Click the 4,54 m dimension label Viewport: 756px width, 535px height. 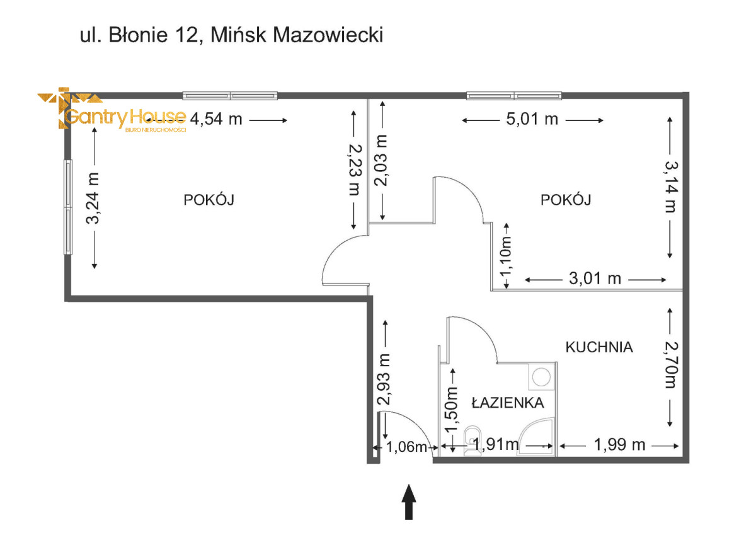click(216, 119)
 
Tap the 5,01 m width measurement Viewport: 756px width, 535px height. click(532, 119)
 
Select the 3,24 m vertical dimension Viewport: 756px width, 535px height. click(93, 198)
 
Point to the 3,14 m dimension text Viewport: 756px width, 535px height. click(671, 187)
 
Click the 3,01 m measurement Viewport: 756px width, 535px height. click(595, 279)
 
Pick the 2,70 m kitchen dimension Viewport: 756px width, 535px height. click(671, 365)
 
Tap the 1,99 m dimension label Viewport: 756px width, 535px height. click(619, 444)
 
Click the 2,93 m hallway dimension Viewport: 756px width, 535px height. click(384, 379)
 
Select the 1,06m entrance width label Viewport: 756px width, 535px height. click(406, 447)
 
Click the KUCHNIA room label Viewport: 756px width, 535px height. click(599, 347)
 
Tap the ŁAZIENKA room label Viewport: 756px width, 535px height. click(508, 402)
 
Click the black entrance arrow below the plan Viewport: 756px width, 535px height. click(409, 502)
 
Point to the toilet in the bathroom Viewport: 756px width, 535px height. click(472, 441)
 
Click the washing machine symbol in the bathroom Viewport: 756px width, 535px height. click(541, 377)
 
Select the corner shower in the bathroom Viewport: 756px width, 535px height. click(537, 437)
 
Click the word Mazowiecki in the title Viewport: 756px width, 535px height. click(328, 35)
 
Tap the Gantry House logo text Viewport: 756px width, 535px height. click(125, 117)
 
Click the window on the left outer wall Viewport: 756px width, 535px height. click(68, 207)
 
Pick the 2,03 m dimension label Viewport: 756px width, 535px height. click(381, 160)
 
